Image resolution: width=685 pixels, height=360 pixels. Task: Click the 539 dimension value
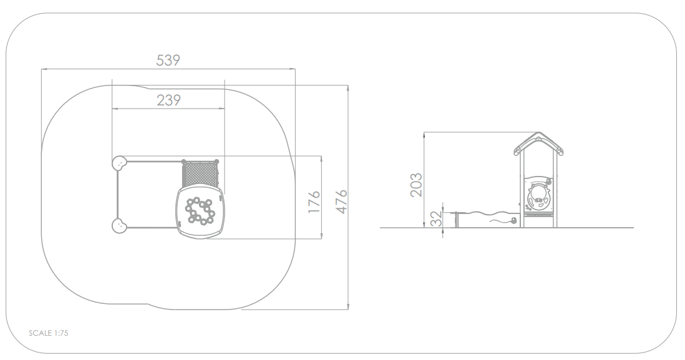pos(168,60)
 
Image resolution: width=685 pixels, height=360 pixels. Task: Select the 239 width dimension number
pos(168,100)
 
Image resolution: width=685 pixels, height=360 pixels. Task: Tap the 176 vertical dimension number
pos(314,202)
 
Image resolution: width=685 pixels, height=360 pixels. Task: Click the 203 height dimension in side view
pos(416,185)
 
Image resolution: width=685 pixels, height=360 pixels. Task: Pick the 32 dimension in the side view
pos(436,219)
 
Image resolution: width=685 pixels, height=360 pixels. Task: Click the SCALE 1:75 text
pos(49,333)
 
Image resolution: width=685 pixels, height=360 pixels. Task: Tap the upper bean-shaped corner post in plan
pos(119,163)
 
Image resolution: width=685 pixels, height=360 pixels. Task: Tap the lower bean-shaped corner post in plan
pos(119,226)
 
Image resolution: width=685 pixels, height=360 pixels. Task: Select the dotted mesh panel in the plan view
pos(200,174)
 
